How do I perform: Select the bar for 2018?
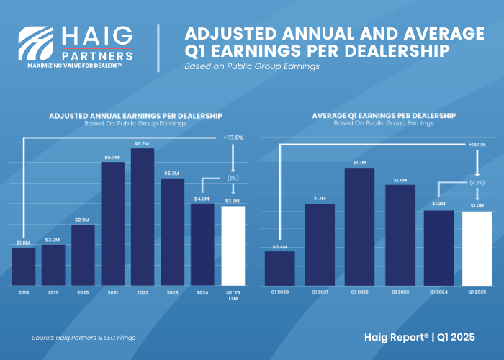[24, 266]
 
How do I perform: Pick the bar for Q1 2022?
[359, 226]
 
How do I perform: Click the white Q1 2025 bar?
[477, 248]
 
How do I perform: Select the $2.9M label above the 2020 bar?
[83, 219]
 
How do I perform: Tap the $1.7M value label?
[359, 163]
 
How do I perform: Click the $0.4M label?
[280, 246]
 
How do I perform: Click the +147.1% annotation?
[477, 144]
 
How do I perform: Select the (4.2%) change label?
[477, 183]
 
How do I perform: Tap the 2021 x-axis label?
[112, 292]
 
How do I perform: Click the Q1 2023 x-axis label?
[399, 292]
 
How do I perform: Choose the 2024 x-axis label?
[202, 292]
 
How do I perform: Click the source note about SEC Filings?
[84, 338]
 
